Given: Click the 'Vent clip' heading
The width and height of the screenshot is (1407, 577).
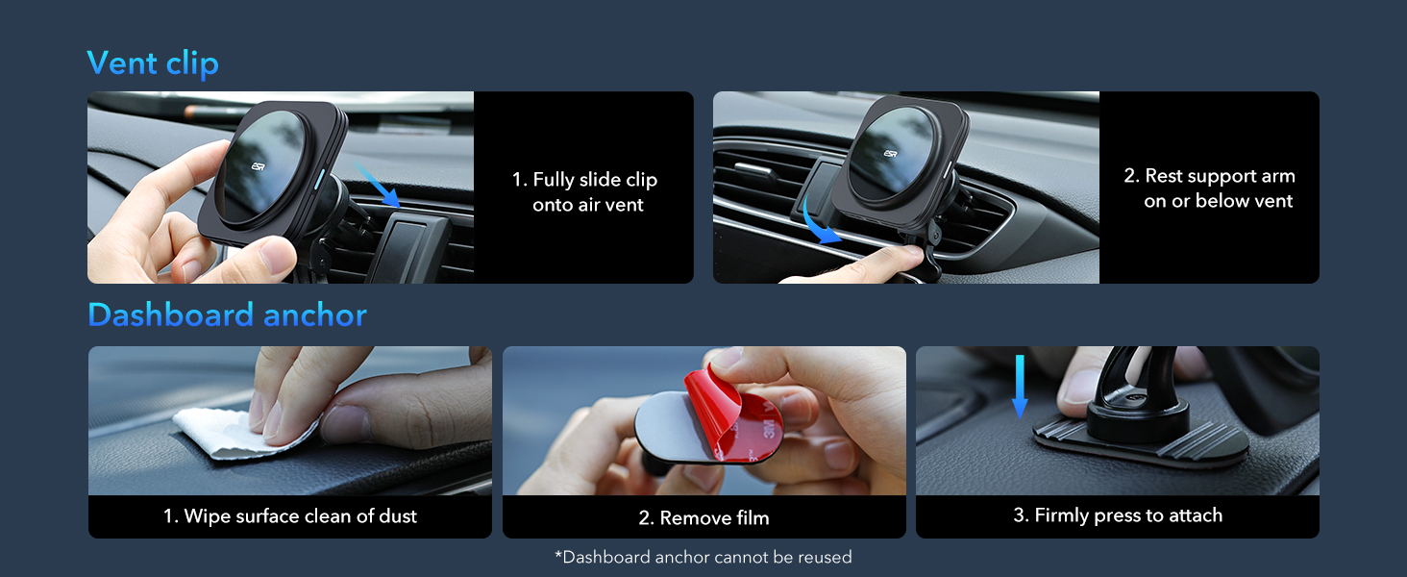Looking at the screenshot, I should pyautogui.click(x=153, y=63).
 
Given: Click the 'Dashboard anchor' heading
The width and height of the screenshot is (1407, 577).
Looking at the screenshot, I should pyautogui.click(x=227, y=314).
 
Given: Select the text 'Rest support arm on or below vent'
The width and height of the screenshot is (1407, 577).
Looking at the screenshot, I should pyautogui.click(x=1209, y=188).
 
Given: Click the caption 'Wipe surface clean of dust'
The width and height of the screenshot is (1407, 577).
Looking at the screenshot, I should pyautogui.click(x=289, y=516).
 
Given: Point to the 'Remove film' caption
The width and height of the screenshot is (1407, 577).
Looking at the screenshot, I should pyautogui.click(x=703, y=518).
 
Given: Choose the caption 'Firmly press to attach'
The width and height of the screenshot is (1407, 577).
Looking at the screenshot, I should pyautogui.click(x=1117, y=515).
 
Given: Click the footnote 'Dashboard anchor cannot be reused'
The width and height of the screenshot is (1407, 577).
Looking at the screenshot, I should pyautogui.click(x=703, y=557).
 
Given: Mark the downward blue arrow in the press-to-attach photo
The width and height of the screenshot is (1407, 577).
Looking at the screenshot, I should pyautogui.click(x=1020, y=385).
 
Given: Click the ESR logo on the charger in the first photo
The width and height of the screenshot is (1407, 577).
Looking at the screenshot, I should pyautogui.click(x=258, y=166).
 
